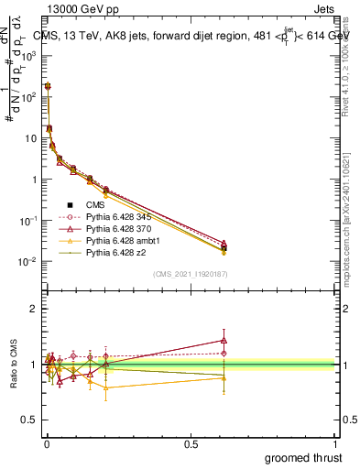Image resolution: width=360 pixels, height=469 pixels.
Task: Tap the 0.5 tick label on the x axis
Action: [191, 444]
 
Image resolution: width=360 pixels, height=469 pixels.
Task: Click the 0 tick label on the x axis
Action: [47, 444]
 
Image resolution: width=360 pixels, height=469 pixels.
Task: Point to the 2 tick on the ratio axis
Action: [33, 309]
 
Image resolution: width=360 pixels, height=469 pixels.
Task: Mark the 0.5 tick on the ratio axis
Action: [30, 420]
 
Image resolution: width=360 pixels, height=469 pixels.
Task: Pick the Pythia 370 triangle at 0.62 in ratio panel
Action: [224, 340]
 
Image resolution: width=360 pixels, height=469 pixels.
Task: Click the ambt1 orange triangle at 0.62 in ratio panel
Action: [224, 377]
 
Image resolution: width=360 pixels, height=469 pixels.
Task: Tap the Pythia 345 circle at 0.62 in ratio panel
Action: [224, 353]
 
